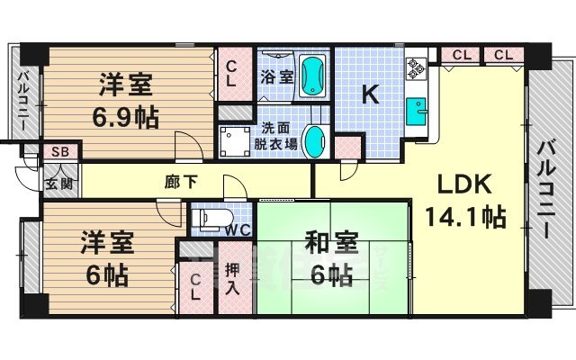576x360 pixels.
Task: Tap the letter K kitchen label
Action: [x=370, y=94]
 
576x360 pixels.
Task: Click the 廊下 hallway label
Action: [x=181, y=181]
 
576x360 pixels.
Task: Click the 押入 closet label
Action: [x=232, y=278]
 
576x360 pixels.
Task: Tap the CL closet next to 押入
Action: [x=195, y=287]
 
